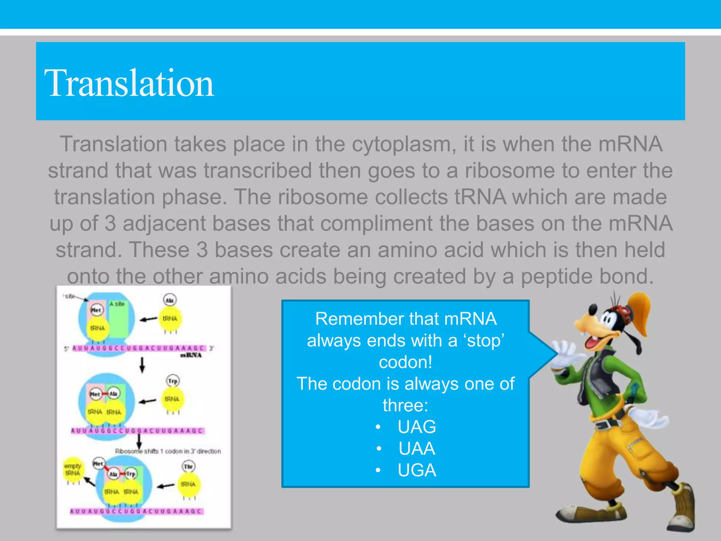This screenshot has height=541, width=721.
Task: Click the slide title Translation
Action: [x=129, y=83]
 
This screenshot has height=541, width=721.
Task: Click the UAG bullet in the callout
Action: [x=416, y=427]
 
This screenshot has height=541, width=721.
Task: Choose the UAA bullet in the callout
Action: [x=416, y=449]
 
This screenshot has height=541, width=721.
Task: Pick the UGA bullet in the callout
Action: [x=416, y=471]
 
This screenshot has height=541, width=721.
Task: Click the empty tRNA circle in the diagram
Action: [x=73, y=470]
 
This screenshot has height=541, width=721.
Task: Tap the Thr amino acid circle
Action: [x=189, y=467]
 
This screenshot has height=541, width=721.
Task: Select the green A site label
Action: [x=117, y=304]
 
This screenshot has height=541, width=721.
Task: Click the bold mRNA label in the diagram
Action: [x=191, y=355]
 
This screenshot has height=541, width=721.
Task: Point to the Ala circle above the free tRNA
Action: [x=170, y=300]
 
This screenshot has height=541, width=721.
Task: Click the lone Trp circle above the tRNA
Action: [x=173, y=381]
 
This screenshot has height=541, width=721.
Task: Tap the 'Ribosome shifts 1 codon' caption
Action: [x=168, y=451]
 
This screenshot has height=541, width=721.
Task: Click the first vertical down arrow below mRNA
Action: [x=142, y=365]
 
